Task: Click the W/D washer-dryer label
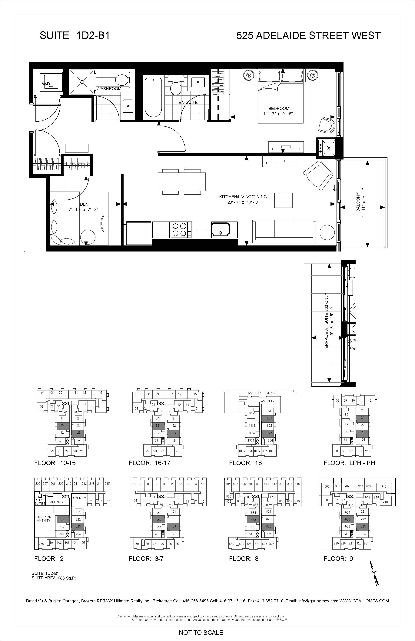pos(46,84)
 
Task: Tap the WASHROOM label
pos(109,89)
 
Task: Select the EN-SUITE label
pos(188,102)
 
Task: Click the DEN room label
pos(84,204)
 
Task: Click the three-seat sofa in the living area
pos(284,230)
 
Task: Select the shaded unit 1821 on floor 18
pos(268,418)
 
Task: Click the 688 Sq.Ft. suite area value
pos(67,578)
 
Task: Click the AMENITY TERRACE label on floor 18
pos(262,393)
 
